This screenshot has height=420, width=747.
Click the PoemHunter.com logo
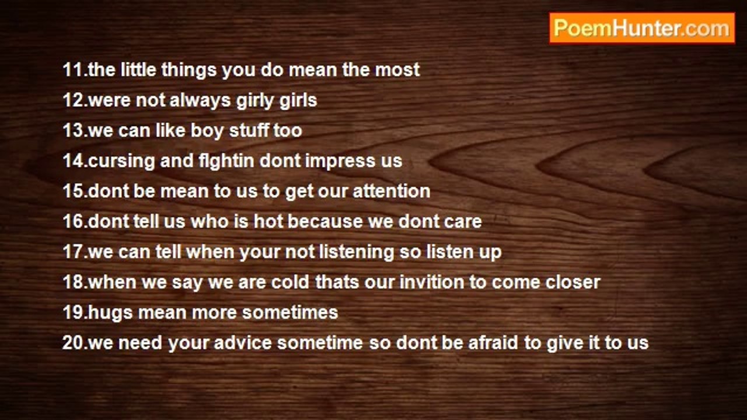[x=642, y=28]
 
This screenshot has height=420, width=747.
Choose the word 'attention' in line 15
[x=392, y=191]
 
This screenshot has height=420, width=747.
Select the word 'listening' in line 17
[x=357, y=252]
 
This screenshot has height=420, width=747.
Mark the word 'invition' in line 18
[x=432, y=282]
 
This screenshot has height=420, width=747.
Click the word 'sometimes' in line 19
[x=290, y=312]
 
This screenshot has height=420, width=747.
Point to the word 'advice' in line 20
[x=243, y=342]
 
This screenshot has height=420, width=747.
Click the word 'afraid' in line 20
[x=494, y=342]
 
